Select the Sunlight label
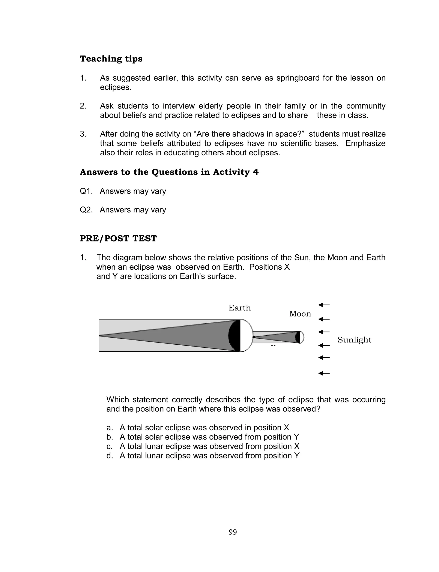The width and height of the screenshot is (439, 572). pos(354,340)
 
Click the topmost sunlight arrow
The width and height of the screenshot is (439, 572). pos(324,305)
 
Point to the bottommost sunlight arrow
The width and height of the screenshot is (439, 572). pos(324,373)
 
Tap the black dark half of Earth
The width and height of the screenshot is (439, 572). pos(235,336)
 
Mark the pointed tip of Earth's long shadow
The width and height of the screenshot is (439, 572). pos(100,336)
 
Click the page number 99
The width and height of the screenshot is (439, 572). pos(233,532)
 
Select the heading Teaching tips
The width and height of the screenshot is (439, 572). pos(111,59)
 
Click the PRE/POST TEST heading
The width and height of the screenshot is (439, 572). pos(118,239)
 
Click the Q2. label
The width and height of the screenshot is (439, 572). pos(86,210)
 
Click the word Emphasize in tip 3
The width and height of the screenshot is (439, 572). pos(365,143)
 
